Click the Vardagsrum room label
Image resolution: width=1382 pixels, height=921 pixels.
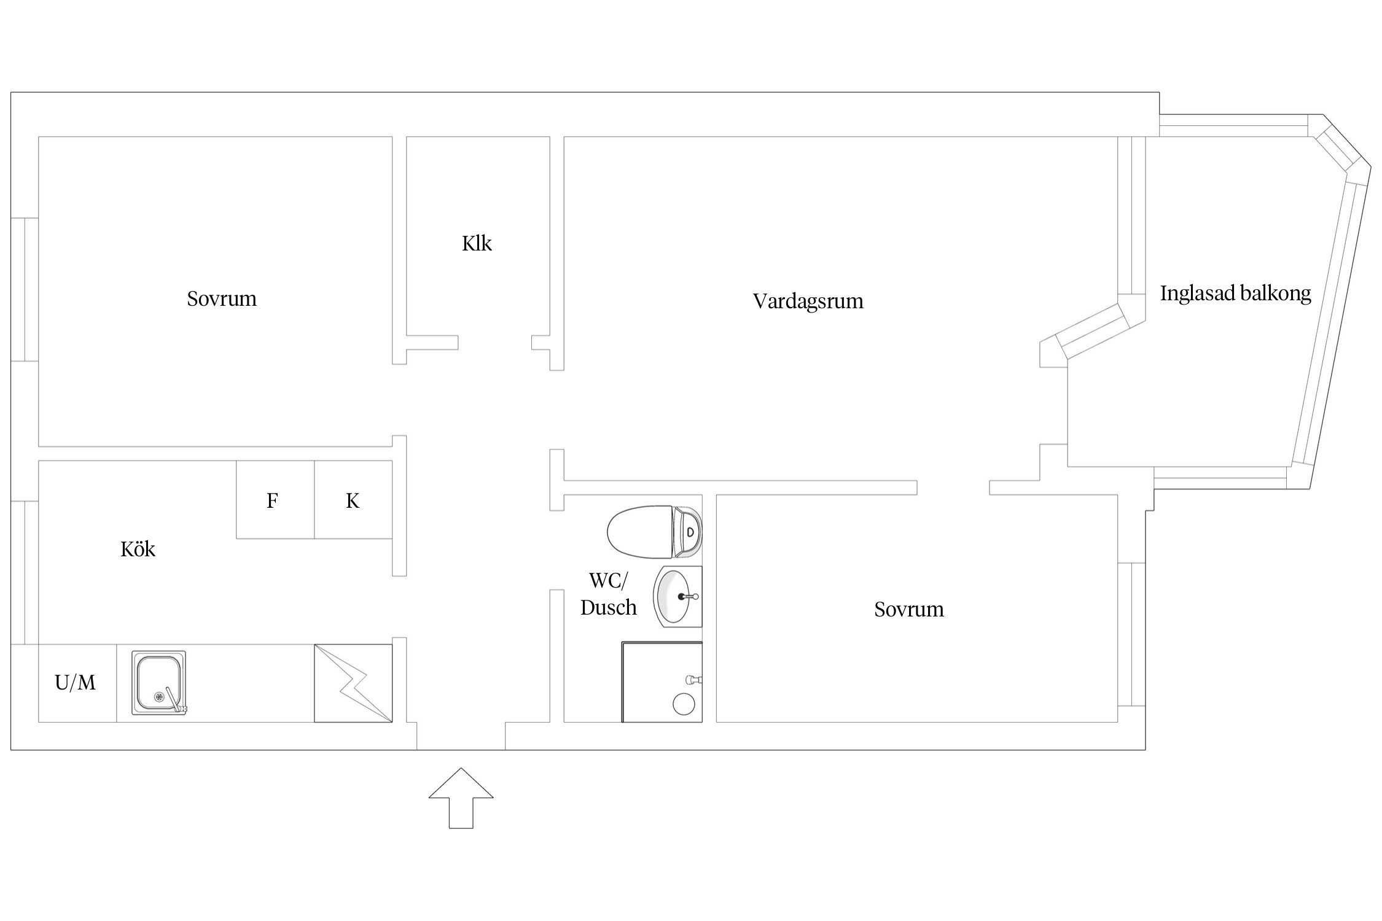808,301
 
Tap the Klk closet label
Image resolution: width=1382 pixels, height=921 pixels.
477,244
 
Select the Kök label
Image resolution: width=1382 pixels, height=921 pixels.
138,549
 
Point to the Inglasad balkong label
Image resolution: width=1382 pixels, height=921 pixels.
1235,294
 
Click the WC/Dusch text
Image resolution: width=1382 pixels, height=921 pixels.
608,594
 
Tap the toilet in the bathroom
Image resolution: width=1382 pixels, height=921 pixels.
654,531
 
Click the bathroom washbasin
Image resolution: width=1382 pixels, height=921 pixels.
677,596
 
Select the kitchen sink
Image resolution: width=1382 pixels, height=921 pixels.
158,683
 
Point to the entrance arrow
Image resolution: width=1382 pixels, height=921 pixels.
461,798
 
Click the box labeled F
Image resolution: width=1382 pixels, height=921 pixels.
275,500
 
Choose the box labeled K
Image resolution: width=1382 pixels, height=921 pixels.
353,500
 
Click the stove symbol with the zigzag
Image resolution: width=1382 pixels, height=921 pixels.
353,683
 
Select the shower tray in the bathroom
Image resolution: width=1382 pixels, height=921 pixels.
662,682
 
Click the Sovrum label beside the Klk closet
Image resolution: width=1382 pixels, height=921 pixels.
222,299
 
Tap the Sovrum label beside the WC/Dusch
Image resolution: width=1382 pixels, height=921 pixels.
909,610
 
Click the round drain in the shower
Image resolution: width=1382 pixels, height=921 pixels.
683,704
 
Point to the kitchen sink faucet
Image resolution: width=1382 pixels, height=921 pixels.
176,700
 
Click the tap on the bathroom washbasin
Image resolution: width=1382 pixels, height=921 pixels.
688,596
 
